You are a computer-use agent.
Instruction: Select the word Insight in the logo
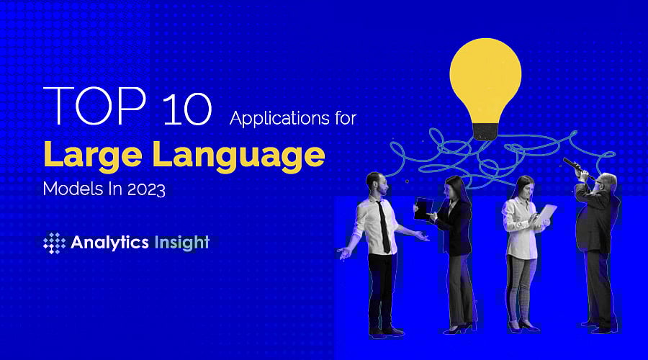coord(181,243)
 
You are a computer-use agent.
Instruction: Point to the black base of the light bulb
coord(484,130)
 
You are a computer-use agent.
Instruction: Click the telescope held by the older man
coord(577,168)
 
